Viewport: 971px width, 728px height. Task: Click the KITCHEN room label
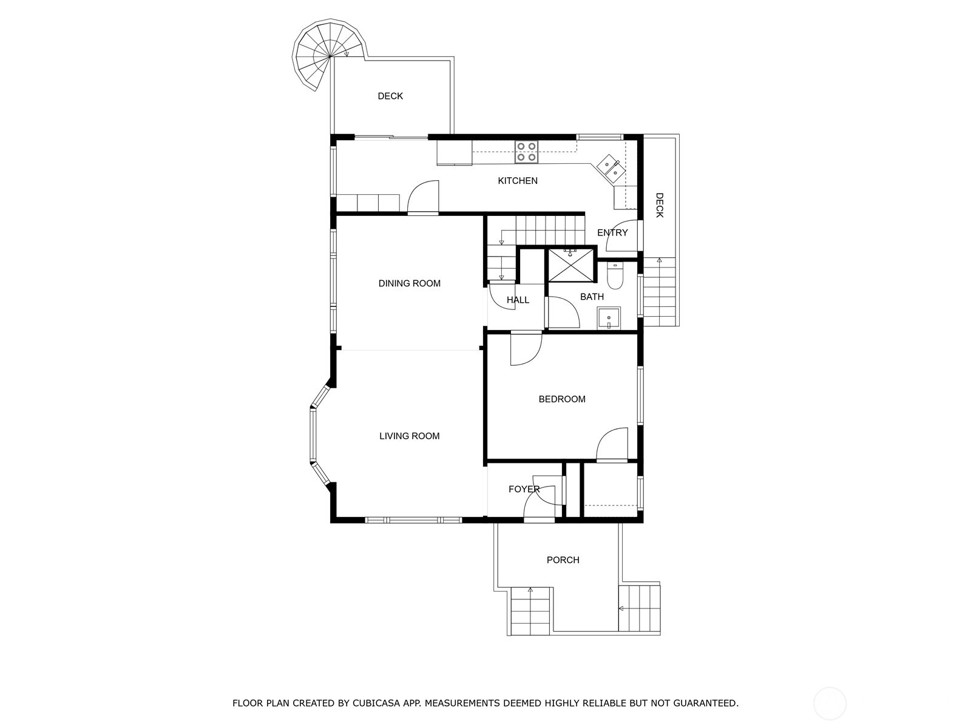pyautogui.click(x=518, y=180)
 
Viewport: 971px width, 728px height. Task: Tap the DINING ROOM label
pyautogui.click(x=409, y=283)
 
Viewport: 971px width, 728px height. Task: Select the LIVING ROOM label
pyautogui.click(x=409, y=436)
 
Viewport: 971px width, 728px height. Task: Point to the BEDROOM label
pyautogui.click(x=562, y=399)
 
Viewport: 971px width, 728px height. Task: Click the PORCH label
pyautogui.click(x=563, y=560)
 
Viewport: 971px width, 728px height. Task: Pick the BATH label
pyautogui.click(x=592, y=297)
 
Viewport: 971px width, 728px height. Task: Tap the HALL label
pyautogui.click(x=518, y=300)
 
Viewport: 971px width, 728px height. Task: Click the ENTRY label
pyautogui.click(x=612, y=232)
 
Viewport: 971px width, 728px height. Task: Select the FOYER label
pyautogui.click(x=524, y=489)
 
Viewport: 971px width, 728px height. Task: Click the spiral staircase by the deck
pyautogui.click(x=329, y=56)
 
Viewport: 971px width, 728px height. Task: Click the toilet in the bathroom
pyautogui.click(x=615, y=275)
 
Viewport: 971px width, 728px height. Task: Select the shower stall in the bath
pyautogui.click(x=571, y=265)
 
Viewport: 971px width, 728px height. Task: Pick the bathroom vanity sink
pyautogui.click(x=609, y=318)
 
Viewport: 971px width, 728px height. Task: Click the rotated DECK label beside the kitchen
pyautogui.click(x=659, y=205)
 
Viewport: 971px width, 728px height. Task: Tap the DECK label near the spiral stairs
pyautogui.click(x=390, y=96)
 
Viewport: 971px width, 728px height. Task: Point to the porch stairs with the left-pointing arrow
pyautogui.click(x=639, y=608)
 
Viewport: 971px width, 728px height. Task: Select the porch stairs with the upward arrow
pyautogui.click(x=530, y=611)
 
